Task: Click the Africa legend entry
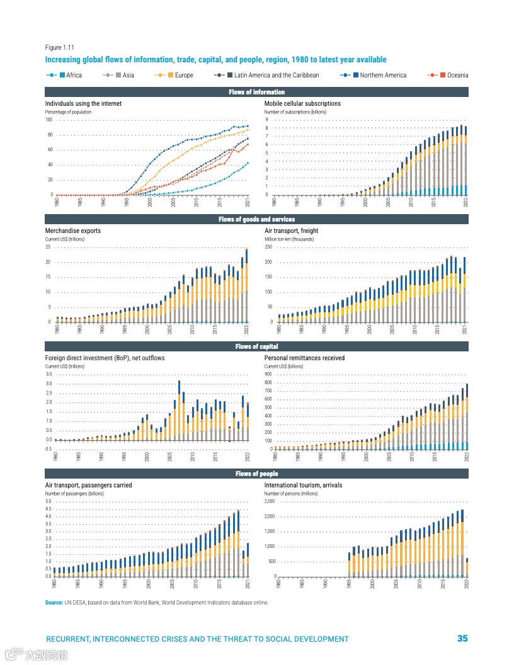[70, 76]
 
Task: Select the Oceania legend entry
[454, 76]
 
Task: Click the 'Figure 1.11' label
[60, 48]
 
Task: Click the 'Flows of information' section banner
[256, 93]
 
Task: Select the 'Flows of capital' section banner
[256, 346]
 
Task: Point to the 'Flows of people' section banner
[256, 474]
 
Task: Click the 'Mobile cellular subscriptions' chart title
[302, 103]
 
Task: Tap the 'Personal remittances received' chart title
[304, 358]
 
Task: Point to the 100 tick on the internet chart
[49, 120]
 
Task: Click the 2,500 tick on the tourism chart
[269, 501]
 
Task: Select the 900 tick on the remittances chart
[270, 375]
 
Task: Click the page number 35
[462, 639]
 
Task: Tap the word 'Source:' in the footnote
[54, 603]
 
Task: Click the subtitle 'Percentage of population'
[68, 112]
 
